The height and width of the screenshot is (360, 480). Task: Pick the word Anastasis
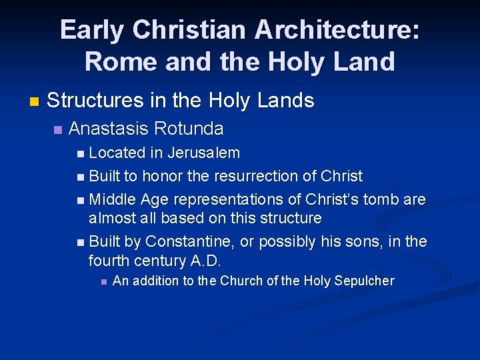[109, 128]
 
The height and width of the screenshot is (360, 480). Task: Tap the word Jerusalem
[203, 153]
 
